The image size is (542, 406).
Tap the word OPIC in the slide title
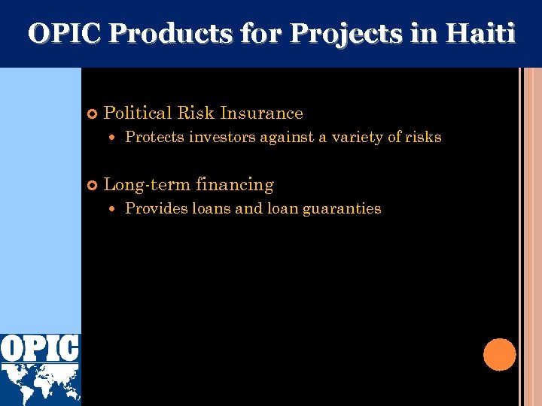click(62, 34)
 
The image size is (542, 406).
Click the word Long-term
click(146, 185)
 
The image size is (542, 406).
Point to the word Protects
click(154, 138)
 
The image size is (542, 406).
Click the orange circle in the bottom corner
click(499, 355)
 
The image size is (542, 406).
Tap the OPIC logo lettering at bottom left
click(40, 348)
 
